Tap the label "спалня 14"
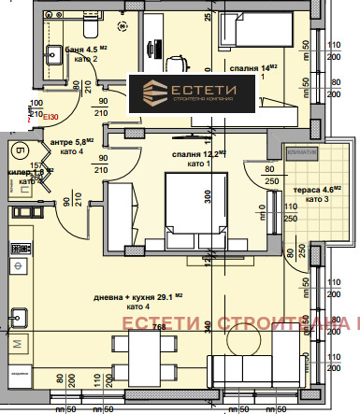pos(253,68)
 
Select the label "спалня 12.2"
pos(198,155)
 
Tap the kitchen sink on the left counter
pos(17,318)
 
